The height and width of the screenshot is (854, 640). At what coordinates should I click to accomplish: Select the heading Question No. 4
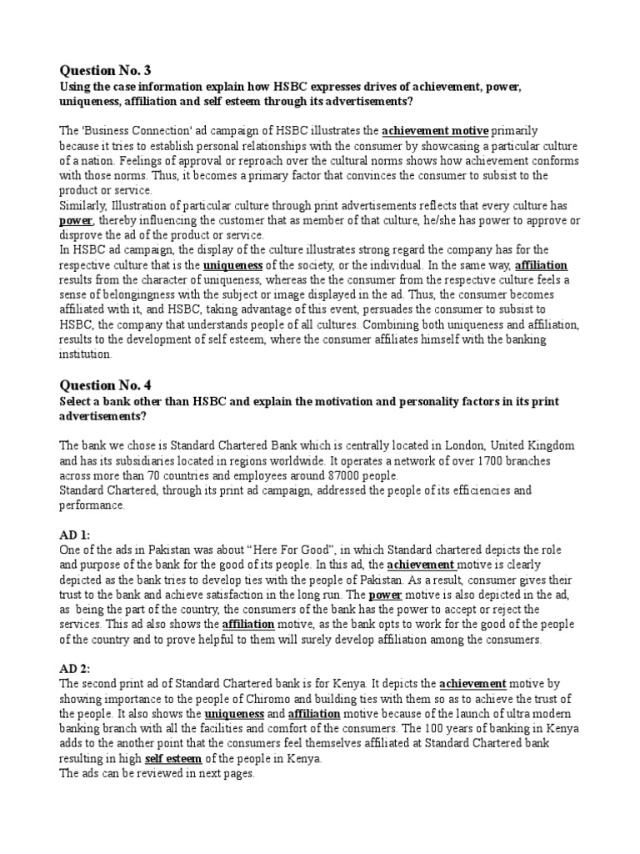106,386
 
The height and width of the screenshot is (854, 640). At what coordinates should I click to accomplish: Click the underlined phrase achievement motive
436,132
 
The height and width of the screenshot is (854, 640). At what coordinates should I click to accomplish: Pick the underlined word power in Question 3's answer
75,219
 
